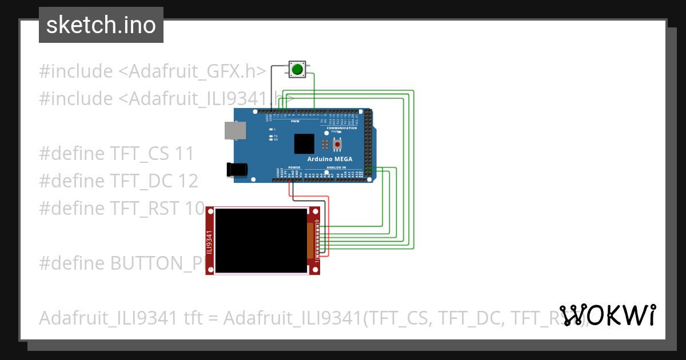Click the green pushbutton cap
click(297, 70)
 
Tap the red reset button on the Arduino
click(337, 144)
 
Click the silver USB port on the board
click(234, 131)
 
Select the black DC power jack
click(237, 169)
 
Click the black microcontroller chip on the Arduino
click(304, 144)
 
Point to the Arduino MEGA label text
click(330, 159)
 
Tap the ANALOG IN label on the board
click(336, 167)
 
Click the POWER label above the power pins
click(294, 167)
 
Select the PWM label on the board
click(295, 121)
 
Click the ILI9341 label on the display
click(209, 241)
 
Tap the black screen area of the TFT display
click(260, 241)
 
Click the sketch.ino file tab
click(101, 25)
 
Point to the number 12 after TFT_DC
click(188, 181)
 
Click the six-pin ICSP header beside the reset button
click(325, 143)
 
